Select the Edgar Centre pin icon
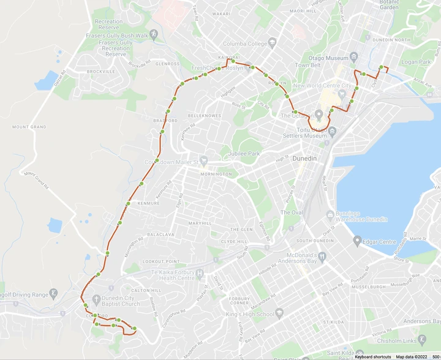pos(358,241)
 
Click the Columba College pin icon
pos(272,43)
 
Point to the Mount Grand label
pos(29,127)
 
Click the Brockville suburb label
pos(101,71)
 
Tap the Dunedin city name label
pos(305,159)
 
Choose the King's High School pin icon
pos(279,314)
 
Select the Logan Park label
pos(417,62)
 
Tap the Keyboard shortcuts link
pos(373,356)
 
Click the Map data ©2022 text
pos(412,356)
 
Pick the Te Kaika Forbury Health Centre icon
pos(200,273)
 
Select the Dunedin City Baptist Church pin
pos(96,299)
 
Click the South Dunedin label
pos(314,241)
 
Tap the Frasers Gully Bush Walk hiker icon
pos(154,35)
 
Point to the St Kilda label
pos(334,321)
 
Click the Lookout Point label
pos(161,261)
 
